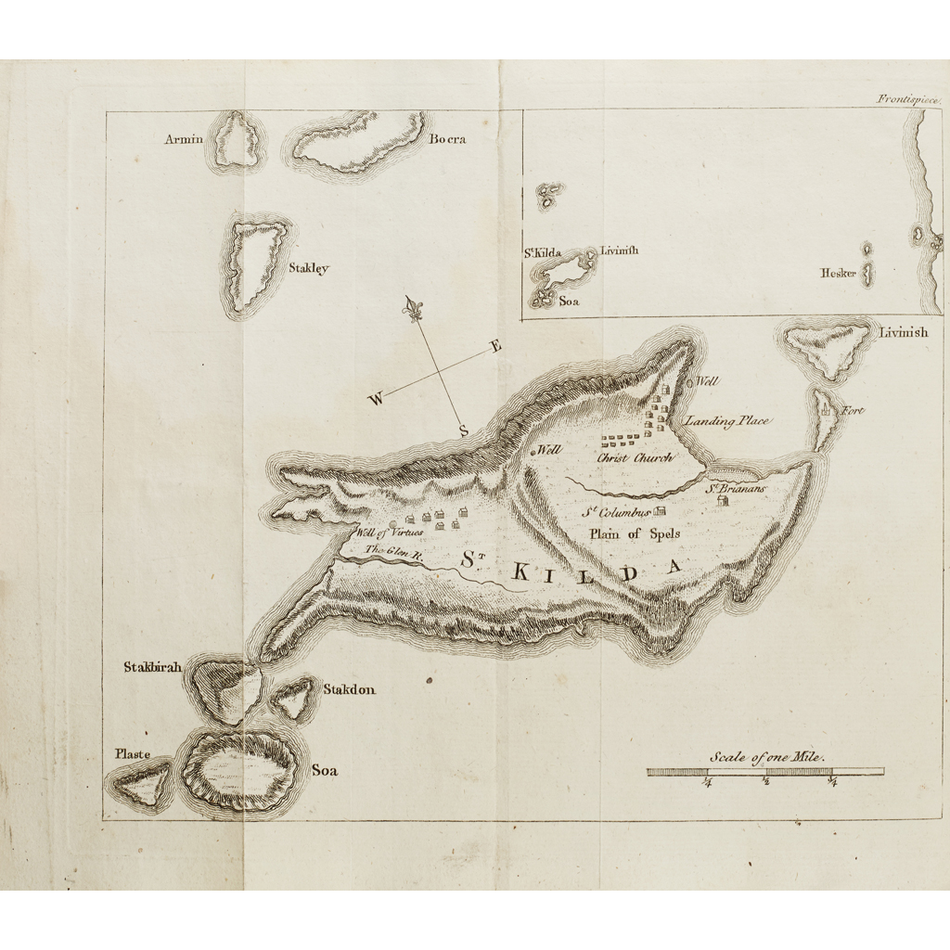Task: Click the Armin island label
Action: coord(184,140)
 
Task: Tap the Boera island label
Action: coord(447,140)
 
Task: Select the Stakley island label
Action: coord(308,269)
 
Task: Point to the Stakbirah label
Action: coord(153,667)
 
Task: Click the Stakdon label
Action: coord(349,689)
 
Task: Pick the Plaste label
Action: coord(133,754)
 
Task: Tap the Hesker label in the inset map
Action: coord(838,273)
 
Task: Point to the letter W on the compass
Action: coord(376,400)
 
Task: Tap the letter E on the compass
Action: coord(496,347)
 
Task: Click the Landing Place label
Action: coord(726,421)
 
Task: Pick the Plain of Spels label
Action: coord(635,533)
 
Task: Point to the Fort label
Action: coord(853,411)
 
